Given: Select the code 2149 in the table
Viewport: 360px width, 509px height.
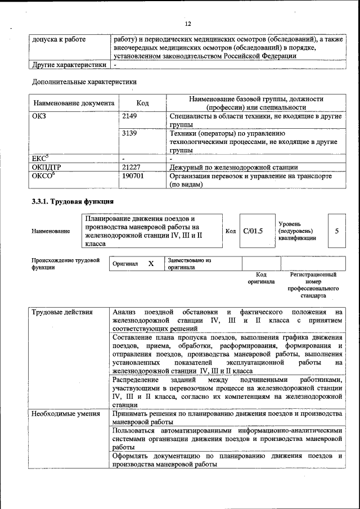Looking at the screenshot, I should tap(129, 116).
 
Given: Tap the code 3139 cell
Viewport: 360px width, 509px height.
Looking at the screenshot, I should tap(129, 134).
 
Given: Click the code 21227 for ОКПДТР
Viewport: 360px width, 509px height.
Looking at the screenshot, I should tap(131, 167).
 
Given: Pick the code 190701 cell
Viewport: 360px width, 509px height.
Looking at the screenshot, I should tap(133, 176).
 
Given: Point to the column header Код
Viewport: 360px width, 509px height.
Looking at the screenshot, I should tap(142, 103).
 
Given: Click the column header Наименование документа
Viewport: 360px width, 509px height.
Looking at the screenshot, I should tap(74, 103).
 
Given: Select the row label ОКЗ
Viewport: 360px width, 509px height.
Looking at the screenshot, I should tap(39, 116).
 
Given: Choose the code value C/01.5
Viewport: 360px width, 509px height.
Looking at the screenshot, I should tap(253, 231).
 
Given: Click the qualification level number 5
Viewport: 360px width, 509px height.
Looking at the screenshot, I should tap(336, 231).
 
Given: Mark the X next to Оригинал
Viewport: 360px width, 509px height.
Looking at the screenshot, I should tap(150, 263).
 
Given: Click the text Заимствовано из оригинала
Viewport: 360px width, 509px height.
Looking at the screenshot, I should tap(188, 264).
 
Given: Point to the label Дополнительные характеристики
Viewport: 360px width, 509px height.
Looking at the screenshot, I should tap(84, 82).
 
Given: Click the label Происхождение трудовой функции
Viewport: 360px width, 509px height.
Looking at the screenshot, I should tap(65, 264).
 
